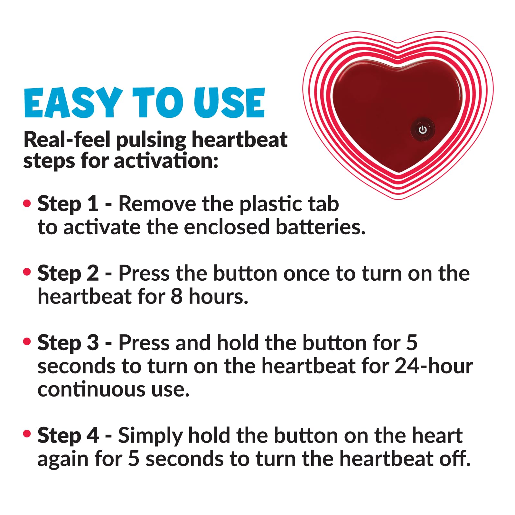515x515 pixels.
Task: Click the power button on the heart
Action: tap(423, 130)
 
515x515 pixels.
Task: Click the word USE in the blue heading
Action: tap(229, 103)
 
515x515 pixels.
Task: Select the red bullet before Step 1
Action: tap(27, 203)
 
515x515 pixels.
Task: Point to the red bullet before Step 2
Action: tap(27, 272)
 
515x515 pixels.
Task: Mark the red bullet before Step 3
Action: tap(27, 342)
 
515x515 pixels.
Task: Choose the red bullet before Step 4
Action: tap(27, 434)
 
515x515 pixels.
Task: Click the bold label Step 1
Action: tap(68, 204)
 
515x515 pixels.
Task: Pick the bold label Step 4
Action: tap(68, 435)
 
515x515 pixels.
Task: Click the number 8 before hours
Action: tap(177, 296)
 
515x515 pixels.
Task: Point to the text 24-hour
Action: tap(434, 366)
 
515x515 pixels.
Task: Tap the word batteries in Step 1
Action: tap(321, 227)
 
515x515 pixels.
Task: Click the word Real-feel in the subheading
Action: tap(67, 140)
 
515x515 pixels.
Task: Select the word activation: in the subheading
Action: tap(166, 161)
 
